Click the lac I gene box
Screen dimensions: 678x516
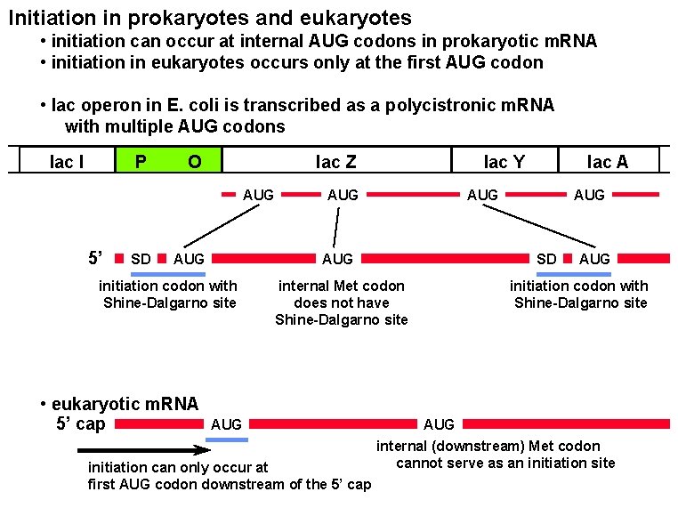67,161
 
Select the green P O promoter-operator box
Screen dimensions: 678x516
169,161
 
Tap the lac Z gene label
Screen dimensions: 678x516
336,161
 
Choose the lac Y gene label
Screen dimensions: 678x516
504,161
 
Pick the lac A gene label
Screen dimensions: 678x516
608,161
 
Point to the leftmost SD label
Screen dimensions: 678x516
141,259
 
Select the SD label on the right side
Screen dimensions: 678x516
546,259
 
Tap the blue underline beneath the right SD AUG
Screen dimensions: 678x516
574,274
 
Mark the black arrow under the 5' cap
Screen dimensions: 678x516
143,450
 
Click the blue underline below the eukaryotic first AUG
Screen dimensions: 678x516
227,439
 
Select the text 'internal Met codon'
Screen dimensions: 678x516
341,286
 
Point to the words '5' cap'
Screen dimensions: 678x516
80,423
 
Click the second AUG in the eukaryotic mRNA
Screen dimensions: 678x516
439,424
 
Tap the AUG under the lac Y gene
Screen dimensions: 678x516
482,194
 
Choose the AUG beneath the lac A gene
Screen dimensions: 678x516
589,194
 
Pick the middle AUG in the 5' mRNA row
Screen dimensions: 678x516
337,259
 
